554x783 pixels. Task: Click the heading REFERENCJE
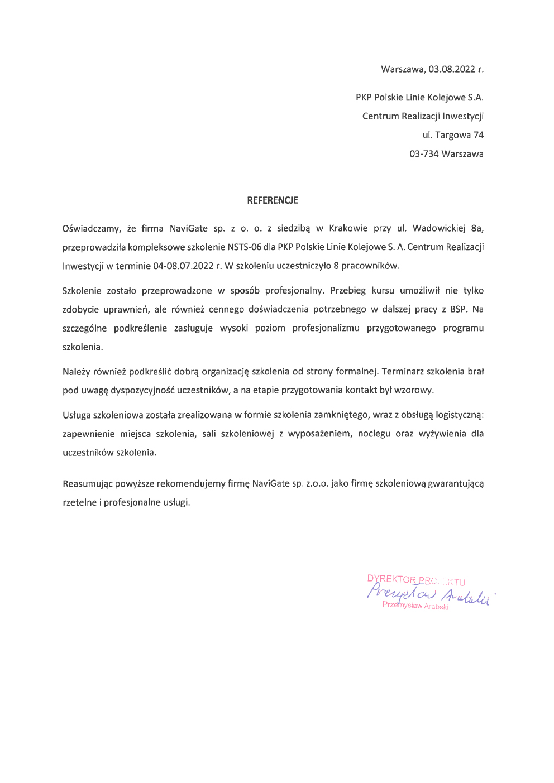coord(273,200)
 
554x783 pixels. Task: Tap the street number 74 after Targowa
coord(478,135)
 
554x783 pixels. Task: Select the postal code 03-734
coord(424,154)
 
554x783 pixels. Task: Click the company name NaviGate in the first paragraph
coord(188,228)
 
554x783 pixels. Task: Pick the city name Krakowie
coord(348,228)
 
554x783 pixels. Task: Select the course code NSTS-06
coord(244,247)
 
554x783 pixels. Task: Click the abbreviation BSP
coord(458,309)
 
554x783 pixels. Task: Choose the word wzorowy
coord(413,390)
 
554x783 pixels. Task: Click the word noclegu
coord(374,434)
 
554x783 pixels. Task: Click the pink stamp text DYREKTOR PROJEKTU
coord(416,580)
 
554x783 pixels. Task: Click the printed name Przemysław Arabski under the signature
coord(415,606)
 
